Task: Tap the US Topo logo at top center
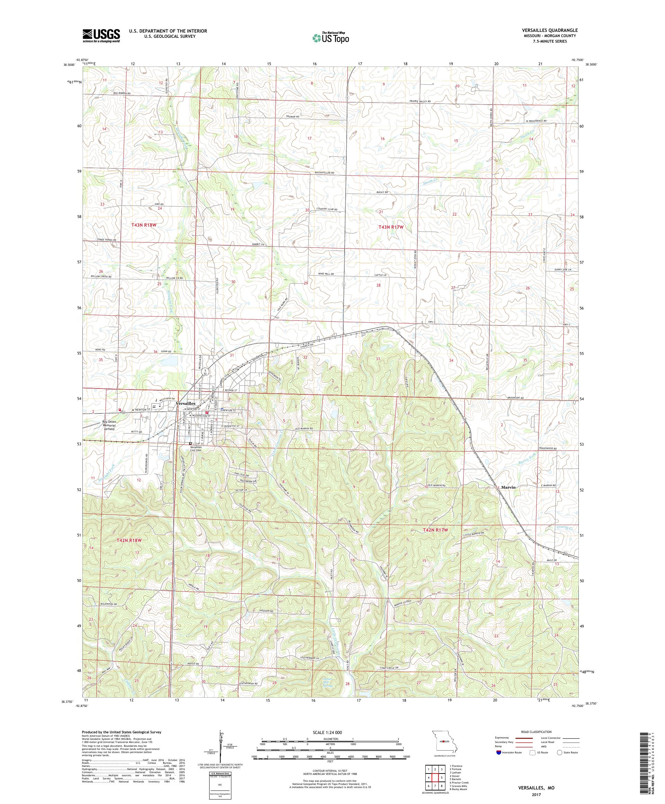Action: (x=330, y=37)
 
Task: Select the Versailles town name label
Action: (x=186, y=403)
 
